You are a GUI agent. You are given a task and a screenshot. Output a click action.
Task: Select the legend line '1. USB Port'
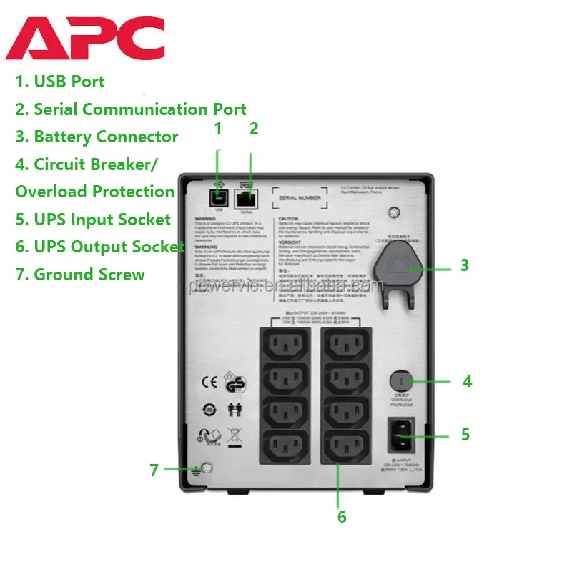[x=60, y=82]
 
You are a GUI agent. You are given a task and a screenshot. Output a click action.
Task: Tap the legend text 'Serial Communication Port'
[x=140, y=109]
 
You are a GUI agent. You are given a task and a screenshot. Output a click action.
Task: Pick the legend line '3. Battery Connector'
[x=97, y=137]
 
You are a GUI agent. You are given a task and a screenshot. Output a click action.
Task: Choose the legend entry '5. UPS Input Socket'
[x=93, y=220]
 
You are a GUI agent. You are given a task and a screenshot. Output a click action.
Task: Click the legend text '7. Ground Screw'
[x=80, y=275]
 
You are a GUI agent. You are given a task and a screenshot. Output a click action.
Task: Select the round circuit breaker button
[x=402, y=380]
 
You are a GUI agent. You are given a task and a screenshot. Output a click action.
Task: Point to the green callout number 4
[x=467, y=381]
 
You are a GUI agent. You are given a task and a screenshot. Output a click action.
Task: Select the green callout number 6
[x=342, y=516]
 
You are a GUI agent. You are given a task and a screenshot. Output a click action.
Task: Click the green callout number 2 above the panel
[x=253, y=129]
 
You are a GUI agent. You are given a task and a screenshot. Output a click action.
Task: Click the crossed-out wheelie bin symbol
[x=233, y=435]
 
